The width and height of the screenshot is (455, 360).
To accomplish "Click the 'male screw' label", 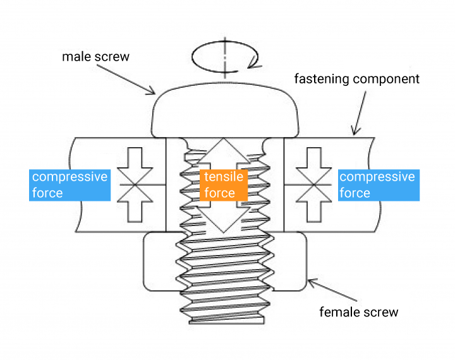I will click(95, 57).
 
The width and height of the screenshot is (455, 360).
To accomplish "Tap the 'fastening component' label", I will click(357, 80).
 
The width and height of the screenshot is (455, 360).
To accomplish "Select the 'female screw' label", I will click(359, 312).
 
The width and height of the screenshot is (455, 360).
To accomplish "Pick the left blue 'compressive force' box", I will click(70, 184).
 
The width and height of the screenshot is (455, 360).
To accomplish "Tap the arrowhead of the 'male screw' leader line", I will click(153, 93).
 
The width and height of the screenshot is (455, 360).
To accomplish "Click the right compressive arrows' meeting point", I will click(313, 184).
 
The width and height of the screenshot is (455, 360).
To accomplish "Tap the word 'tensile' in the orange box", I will click(222, 177).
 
